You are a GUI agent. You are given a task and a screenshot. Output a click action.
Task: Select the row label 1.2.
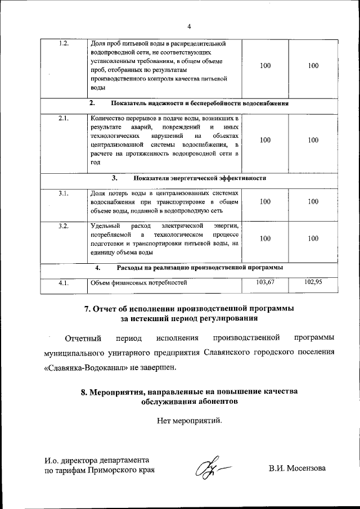[x=63, y=44]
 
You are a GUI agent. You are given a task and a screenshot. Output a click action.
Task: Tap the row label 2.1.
[x=63, y=119]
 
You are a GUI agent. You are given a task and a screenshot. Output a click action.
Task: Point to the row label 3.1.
[x=63, y=193]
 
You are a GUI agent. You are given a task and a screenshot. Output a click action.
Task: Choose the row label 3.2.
[x=63, y=226]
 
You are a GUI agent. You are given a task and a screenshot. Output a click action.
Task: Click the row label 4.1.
[x=63, y=283]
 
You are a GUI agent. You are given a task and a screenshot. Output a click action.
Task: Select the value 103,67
[x=265, y=282]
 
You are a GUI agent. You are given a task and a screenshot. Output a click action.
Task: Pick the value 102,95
[x=313, y=282]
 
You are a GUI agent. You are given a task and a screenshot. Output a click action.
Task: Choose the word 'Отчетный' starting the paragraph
[x=83, y=338]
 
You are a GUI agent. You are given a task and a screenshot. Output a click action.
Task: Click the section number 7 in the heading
[x=87, y=308]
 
